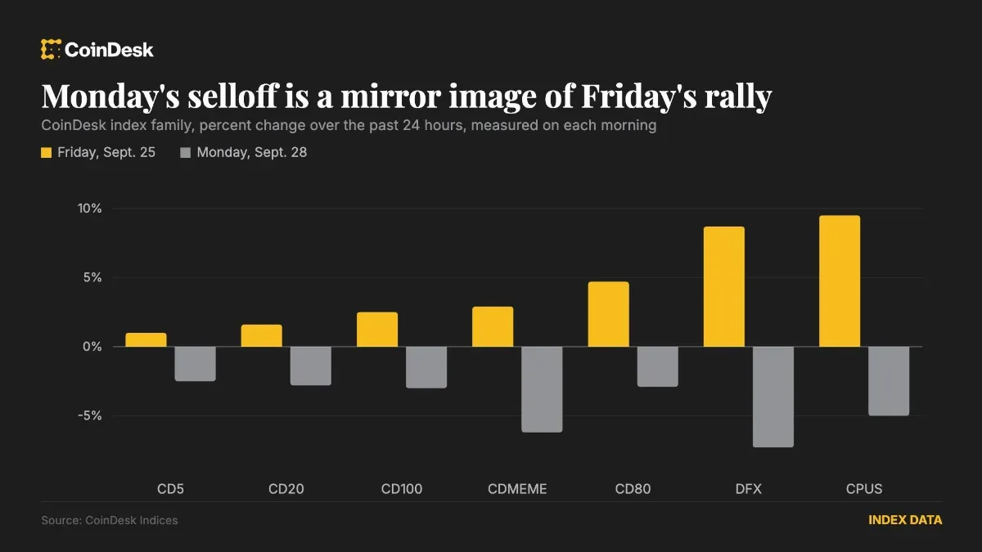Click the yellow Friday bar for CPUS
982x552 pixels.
(839, 280)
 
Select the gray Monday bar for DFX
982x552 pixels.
(773, 397)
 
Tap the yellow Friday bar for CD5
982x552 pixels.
(146, 340)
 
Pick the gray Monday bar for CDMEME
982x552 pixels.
(542, 389)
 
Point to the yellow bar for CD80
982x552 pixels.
(608, 314)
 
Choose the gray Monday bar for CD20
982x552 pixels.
(310, 366)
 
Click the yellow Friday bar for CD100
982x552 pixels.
(377, 330)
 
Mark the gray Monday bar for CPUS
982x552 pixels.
(889, 381)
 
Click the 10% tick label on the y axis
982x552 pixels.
(89, 209)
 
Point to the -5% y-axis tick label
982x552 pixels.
(89, 415)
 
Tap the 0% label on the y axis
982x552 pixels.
(92, 347)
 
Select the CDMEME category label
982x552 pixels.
(517, 489)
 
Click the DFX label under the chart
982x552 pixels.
(748, 489)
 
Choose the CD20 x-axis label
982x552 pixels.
(286, 489)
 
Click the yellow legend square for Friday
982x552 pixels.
(46, 152)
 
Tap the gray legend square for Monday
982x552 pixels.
(186, 152)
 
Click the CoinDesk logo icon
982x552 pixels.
(51, 49)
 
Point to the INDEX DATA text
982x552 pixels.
(905, 520)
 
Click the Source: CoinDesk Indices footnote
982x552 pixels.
(109, 520)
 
